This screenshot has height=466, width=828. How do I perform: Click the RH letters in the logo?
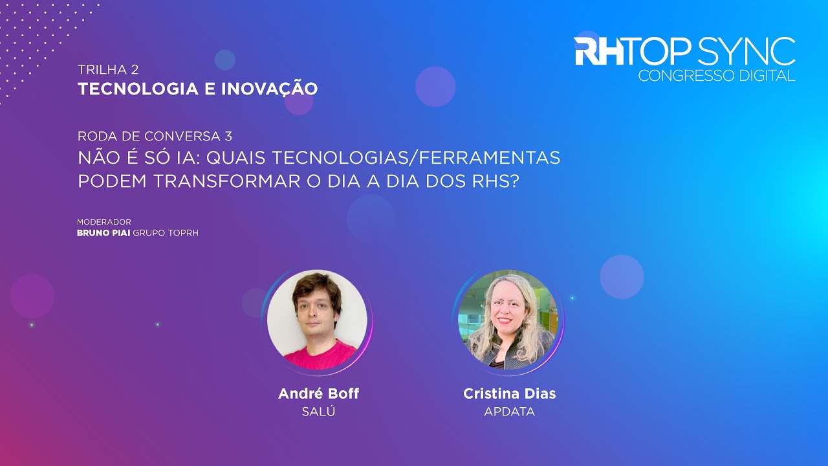click(599, 51)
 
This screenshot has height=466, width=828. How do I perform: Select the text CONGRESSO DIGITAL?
click(716, 76)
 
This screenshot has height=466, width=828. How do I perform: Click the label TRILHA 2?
click(108, 69)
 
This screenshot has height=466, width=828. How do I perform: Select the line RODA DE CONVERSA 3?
click(155, 136)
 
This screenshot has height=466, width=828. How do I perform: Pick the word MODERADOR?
click(104, 222)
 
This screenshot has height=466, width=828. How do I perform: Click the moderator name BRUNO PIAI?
click(103, 233)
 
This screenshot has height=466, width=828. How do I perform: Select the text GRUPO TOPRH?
click(166, 233)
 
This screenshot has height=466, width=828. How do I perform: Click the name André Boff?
click(318, 394)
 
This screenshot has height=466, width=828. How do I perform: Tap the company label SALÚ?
click(318, 412)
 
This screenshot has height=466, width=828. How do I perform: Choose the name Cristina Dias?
click(509, 394)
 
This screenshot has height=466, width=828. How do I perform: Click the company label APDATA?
click(509, 412)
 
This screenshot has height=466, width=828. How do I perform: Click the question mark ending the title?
click(515, 181)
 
